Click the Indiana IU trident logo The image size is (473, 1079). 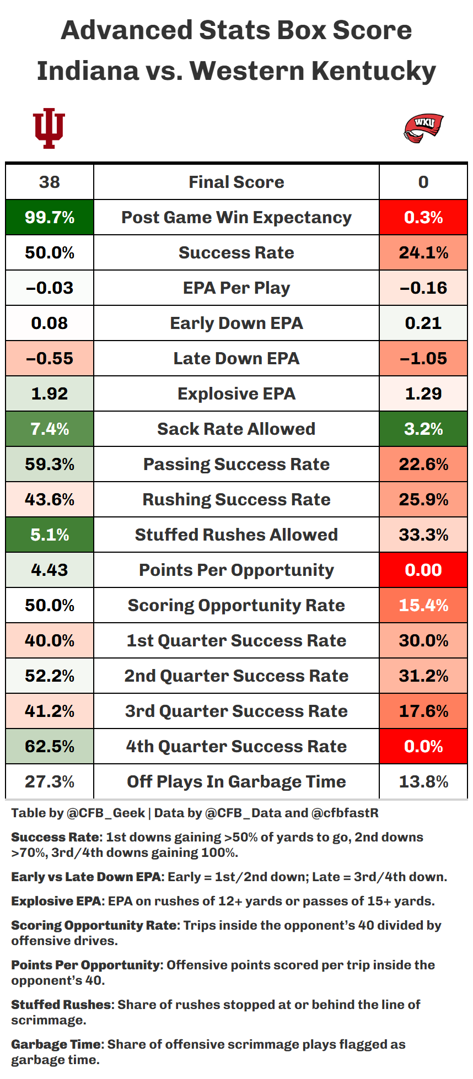pyautogui.click(x=49, y=128)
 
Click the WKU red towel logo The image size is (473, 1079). pyautogui.click(x=423, y=128)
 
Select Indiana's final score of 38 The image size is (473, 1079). pyautogui.click(x=50, y=182)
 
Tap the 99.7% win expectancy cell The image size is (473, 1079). pyautogui.click(x=50, y=217)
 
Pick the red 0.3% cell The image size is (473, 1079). pyautogui.click(x=423, y=217)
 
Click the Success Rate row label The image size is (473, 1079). pyautogui.click(x=237, y=252)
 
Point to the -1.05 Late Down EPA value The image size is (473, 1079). pyautogui.click(x=423, y=358)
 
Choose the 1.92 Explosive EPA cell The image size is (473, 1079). pyautogui.click(x=50, y=393)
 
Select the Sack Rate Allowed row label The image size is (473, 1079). pyautogui.click(x=237, y=429)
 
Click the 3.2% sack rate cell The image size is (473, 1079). pyautogui.click(x=423, y=429)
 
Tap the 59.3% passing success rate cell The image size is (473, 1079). pyautogui.click(x=50, y=464)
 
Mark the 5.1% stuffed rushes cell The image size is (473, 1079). pyautogui.click(x=50, y=535)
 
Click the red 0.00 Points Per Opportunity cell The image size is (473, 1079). pyautogui.click(x=423, y=570)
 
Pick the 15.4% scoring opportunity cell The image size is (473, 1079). pyautogui.click(x=423, y=605)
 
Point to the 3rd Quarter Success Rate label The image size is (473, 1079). pyautogui.click(x=237, y=711)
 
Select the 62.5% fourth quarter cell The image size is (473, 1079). pyautogui.click(x=50, y=746)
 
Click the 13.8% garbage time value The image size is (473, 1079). pyautogui.click(x=423, y=781)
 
